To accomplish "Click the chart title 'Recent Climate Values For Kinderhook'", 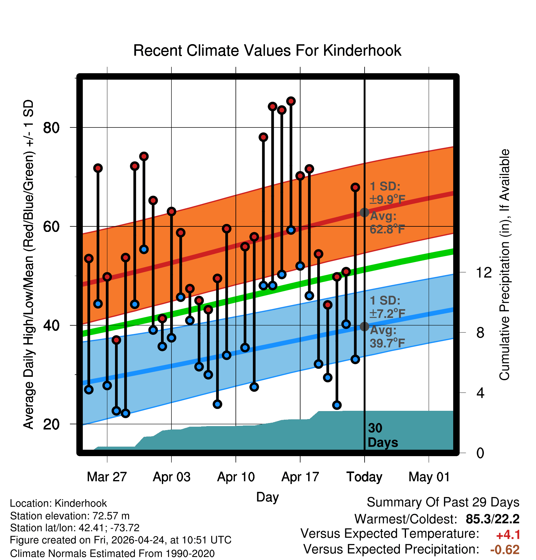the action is coord(267,51).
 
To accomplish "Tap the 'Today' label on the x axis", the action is coord(364,477).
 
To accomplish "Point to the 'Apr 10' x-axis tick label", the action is coord(236,477).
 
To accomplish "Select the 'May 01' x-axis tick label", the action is coord(429,477).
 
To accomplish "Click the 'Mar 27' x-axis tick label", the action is coord(107,477).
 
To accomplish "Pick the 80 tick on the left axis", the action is coord(52,127).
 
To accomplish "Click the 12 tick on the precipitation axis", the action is coord(484,272).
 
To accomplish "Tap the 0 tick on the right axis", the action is coord(480,453).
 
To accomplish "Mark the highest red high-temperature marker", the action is coord(291,101).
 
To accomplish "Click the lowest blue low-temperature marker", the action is coord(125,413).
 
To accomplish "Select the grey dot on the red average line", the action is coord(364,212).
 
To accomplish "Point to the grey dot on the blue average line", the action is coord(364,327).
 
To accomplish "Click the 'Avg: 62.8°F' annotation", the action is coord(387,223).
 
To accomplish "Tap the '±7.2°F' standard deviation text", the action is coord(387,313).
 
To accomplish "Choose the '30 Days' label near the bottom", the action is coord(383,435).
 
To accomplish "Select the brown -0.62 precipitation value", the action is coord(505,550).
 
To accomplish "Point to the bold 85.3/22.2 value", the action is coord(492,519).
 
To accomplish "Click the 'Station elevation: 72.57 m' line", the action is coord(70,516).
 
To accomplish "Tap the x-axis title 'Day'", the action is coord(267,497).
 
